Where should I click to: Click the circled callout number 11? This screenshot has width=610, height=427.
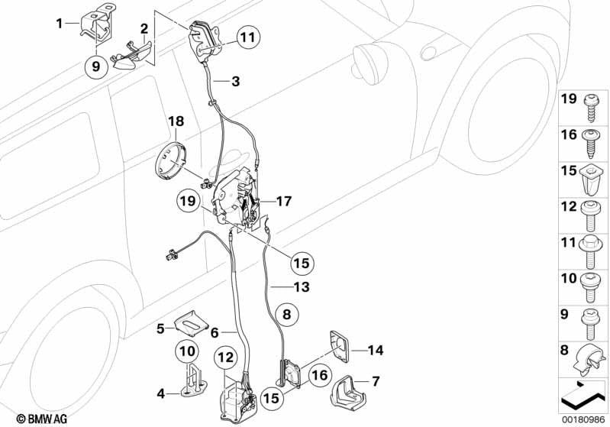(x=247, y=37)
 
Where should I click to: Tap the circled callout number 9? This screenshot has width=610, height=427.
(x=96, y=66)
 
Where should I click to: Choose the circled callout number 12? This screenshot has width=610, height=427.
(x=224, y=357)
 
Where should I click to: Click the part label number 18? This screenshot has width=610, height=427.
(x=176, y=121)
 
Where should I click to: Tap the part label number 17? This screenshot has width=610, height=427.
(x=282, y=202)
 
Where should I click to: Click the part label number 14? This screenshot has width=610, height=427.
(x=376, y=351)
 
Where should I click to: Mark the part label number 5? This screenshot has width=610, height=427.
(x=160, y=328)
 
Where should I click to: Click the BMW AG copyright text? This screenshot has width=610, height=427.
(x=29, y=418)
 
